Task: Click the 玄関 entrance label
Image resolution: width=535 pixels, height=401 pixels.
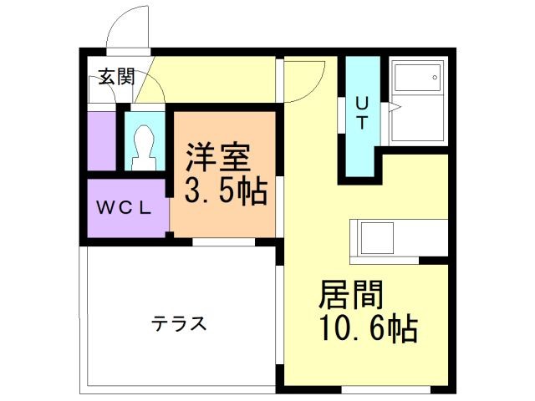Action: (115, 78)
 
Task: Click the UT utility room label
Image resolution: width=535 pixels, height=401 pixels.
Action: (361, 114)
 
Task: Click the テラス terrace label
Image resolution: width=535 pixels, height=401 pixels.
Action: (179, 323)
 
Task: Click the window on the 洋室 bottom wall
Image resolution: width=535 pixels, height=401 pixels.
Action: (222, 242)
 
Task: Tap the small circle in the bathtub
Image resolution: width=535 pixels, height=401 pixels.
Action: (435, 79)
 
